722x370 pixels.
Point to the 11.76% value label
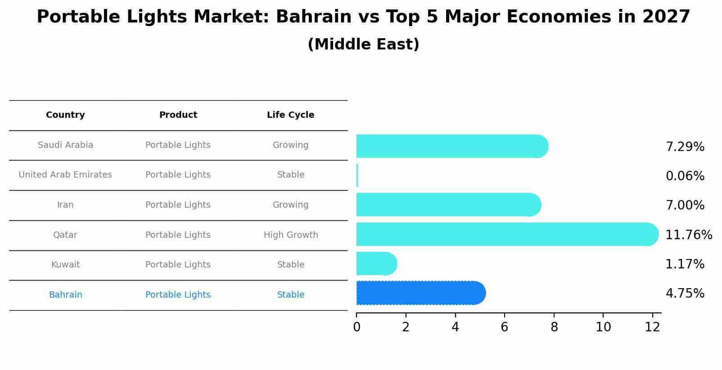pos(688,235)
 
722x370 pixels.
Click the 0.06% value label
pos(685,176)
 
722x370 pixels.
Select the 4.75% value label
pos(685,294)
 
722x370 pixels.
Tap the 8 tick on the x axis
pos(554,327)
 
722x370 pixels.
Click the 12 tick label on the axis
pos(652,327)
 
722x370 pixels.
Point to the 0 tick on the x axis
pos(356,327)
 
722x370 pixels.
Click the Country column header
pos(65,115)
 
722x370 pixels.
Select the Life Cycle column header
pos(290,115)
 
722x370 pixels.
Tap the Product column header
pos(178,115)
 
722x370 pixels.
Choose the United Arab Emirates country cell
pos(65,175)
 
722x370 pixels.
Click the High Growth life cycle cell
pos(290,235)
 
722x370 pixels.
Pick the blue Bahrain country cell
pos(65,295)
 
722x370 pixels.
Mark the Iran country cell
pos(65,205)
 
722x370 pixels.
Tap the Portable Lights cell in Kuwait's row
pos(178,265)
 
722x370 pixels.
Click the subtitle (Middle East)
pos(363,45)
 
